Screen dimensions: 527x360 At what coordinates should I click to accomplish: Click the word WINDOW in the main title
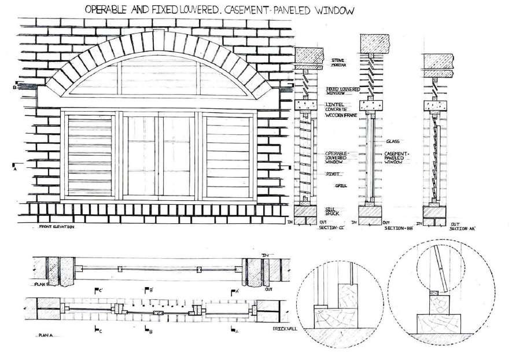330,10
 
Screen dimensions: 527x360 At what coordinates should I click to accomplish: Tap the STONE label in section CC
338,60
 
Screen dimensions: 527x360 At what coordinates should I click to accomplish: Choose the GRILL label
341,186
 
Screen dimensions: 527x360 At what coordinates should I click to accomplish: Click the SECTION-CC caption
331,228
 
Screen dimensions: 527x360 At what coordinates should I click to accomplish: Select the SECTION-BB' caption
397,229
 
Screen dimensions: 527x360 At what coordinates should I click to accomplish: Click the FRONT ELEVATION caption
57,226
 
